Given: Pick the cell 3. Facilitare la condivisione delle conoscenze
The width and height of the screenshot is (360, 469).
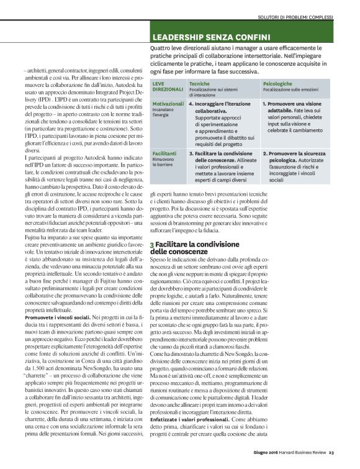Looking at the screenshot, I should point(223,155).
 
